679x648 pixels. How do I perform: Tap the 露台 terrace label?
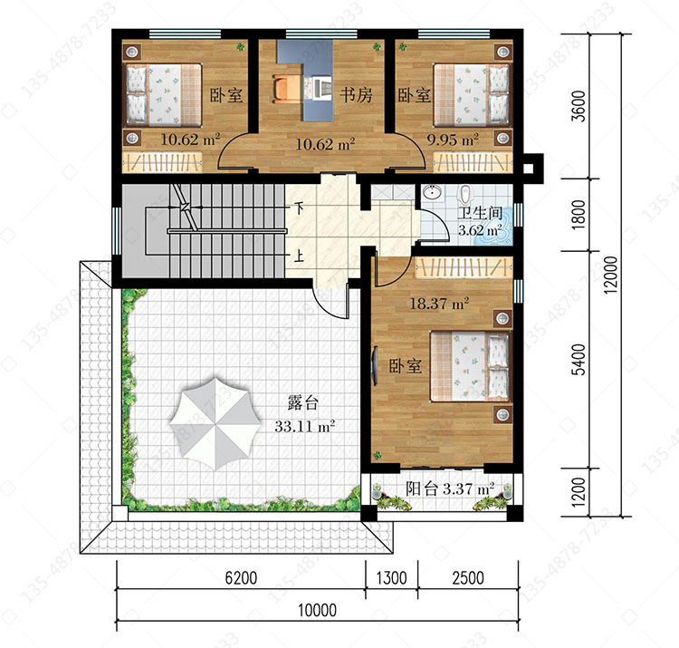coord(302,403)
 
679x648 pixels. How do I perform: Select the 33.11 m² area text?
coord(304,426)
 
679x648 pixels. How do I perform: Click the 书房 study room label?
coord(356,94)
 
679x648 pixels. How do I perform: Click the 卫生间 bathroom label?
coord(480,212)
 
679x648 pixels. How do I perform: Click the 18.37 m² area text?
coord(439,303)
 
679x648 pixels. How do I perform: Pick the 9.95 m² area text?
coord(453,140)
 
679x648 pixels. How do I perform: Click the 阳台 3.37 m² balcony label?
coord(450,488)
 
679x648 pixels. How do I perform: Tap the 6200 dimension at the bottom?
coord(241,578)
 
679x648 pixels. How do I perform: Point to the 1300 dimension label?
coord(391,578)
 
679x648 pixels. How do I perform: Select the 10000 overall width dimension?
coord(318,610)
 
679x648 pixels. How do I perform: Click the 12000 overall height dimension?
coord(610,276)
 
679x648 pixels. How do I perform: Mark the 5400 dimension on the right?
coord(579,359)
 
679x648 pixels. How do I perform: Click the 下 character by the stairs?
coord(299,208)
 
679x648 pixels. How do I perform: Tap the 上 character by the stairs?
coord(299,256)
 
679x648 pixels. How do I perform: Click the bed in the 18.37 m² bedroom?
coord(471,366)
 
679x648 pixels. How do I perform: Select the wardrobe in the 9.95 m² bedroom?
coord(473,162)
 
